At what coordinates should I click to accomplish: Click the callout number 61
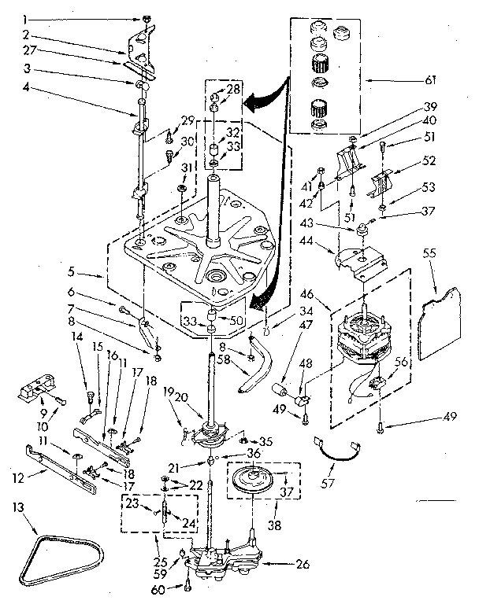[451, 79]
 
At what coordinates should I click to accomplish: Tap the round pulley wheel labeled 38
[254, 481]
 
